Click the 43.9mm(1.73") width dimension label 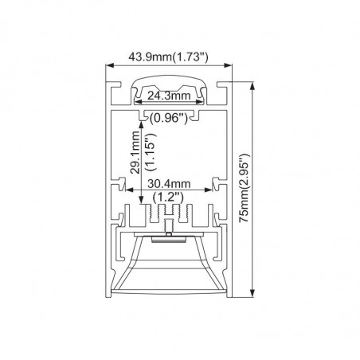pos(168,57)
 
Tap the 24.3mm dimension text pos(169,96)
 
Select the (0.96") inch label pos(169,118)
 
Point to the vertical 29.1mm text pos(135,152)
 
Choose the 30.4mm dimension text pos(169,184)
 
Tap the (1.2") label pos(168,198)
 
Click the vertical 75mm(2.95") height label pos(244,188)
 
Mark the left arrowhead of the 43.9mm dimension pos(110,65)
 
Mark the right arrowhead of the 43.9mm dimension pos(229,65)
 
